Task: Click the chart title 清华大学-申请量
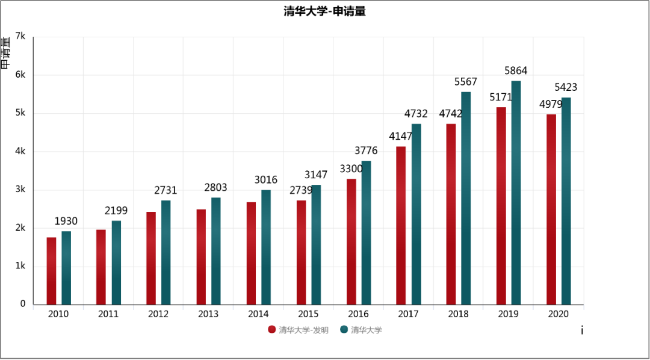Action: (x=325, y=11)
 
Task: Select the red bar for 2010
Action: (x=51, y=271)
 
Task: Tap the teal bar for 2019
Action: (x=516, y=193)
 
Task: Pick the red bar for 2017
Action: (x=401, y=226)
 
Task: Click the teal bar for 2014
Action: (x=266, y=247)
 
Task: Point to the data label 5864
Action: (x=516, y=71)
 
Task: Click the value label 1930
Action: (x=66, y=222)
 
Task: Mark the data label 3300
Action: (x=351, y=169)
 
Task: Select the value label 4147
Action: (x=401, y=137)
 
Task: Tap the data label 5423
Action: (x=566, y=88)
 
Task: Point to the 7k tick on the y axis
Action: (x=20, y=37)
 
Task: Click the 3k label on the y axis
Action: (x=20, y=190)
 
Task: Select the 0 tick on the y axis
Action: (x=23, y=304)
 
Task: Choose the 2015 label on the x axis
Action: (x=308, y=314)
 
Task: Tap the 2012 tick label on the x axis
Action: (x=158, y=314)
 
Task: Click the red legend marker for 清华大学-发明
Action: (x=272, y=329)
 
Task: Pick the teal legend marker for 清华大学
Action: (x=344, y=329)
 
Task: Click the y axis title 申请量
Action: (x=5, y=53)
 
